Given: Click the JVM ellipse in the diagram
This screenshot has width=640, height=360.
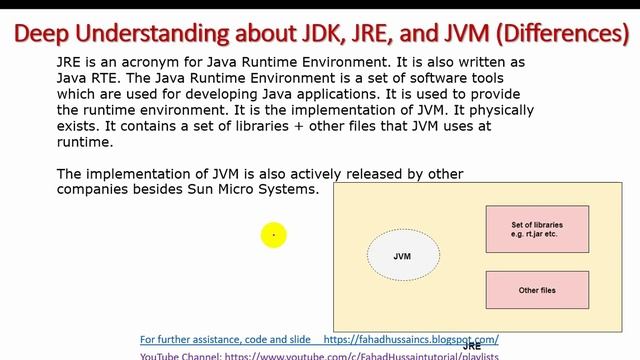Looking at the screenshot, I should coord(402,257).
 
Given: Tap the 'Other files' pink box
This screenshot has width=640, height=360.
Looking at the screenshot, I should coord(536,290).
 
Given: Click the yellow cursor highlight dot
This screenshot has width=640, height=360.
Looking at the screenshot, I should coord(273,235).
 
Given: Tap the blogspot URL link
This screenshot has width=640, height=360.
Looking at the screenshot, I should coord(412,339).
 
